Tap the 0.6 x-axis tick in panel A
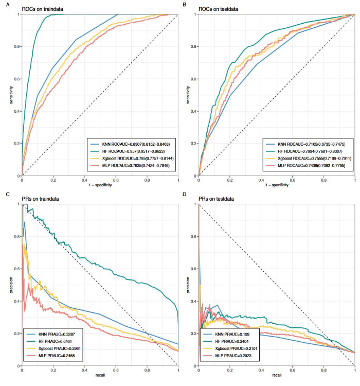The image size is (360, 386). click(x=115, y=180)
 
